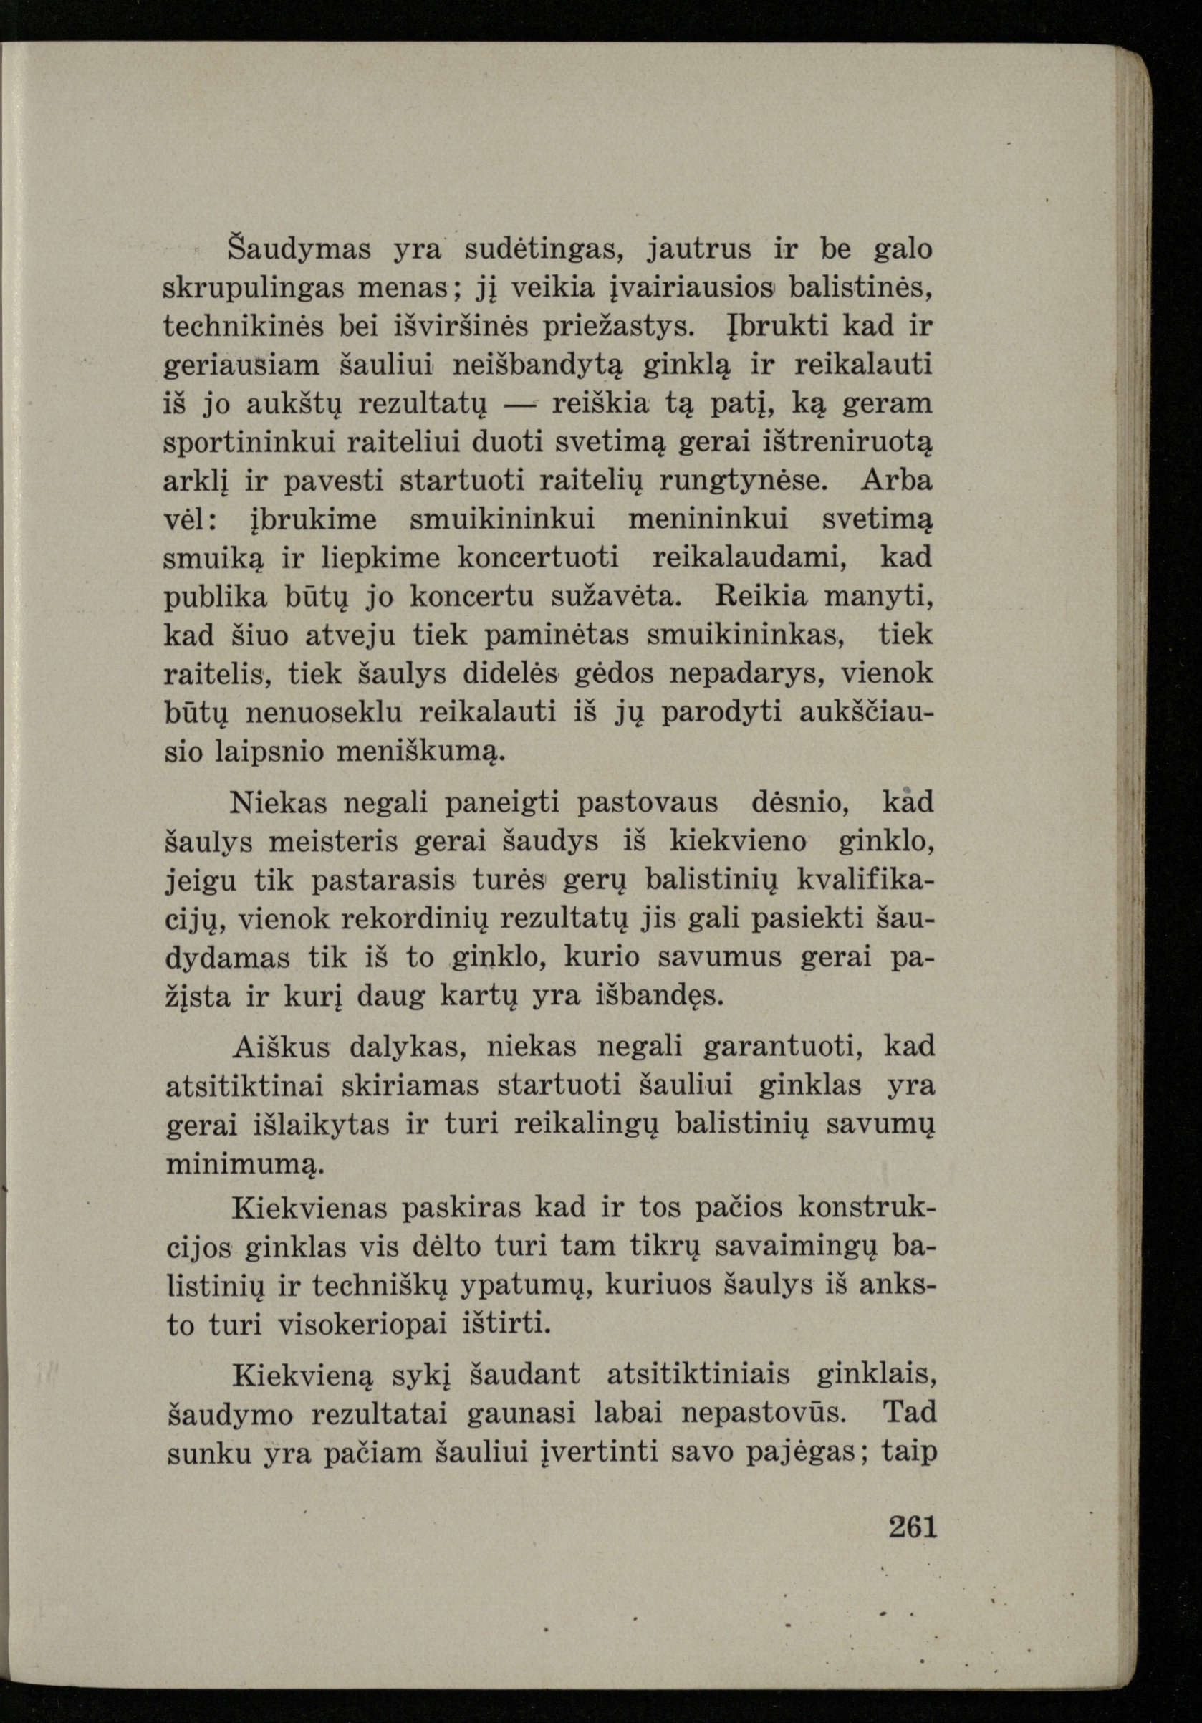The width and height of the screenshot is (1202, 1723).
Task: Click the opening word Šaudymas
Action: (x=299, y=249)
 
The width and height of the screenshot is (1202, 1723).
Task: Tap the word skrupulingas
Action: (x=254, y=287)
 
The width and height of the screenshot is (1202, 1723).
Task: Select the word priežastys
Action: (x=623, y=327)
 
